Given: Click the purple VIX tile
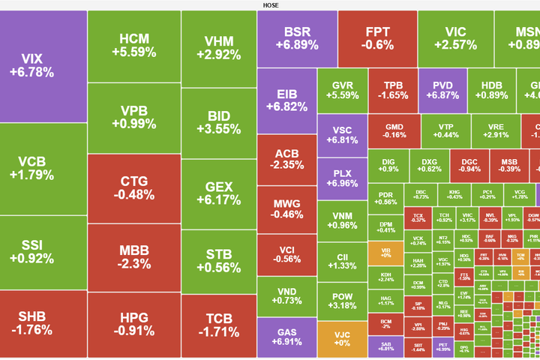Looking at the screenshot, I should point(43,66).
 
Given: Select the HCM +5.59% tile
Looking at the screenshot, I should point(133,45).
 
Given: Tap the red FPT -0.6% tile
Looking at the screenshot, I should point(377,37).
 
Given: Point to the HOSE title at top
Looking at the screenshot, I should point(270,5).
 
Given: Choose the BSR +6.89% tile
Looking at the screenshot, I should point(296,38).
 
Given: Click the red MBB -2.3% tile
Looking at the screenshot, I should point(133,256).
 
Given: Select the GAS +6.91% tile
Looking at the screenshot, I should point(286,337).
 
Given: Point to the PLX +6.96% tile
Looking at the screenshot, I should point(341,178).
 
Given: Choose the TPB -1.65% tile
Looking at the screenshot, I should point(392,90).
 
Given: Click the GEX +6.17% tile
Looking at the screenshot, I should point(218,194).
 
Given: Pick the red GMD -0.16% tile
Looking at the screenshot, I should point(393,131).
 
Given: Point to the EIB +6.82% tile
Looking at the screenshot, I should point(286,100).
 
